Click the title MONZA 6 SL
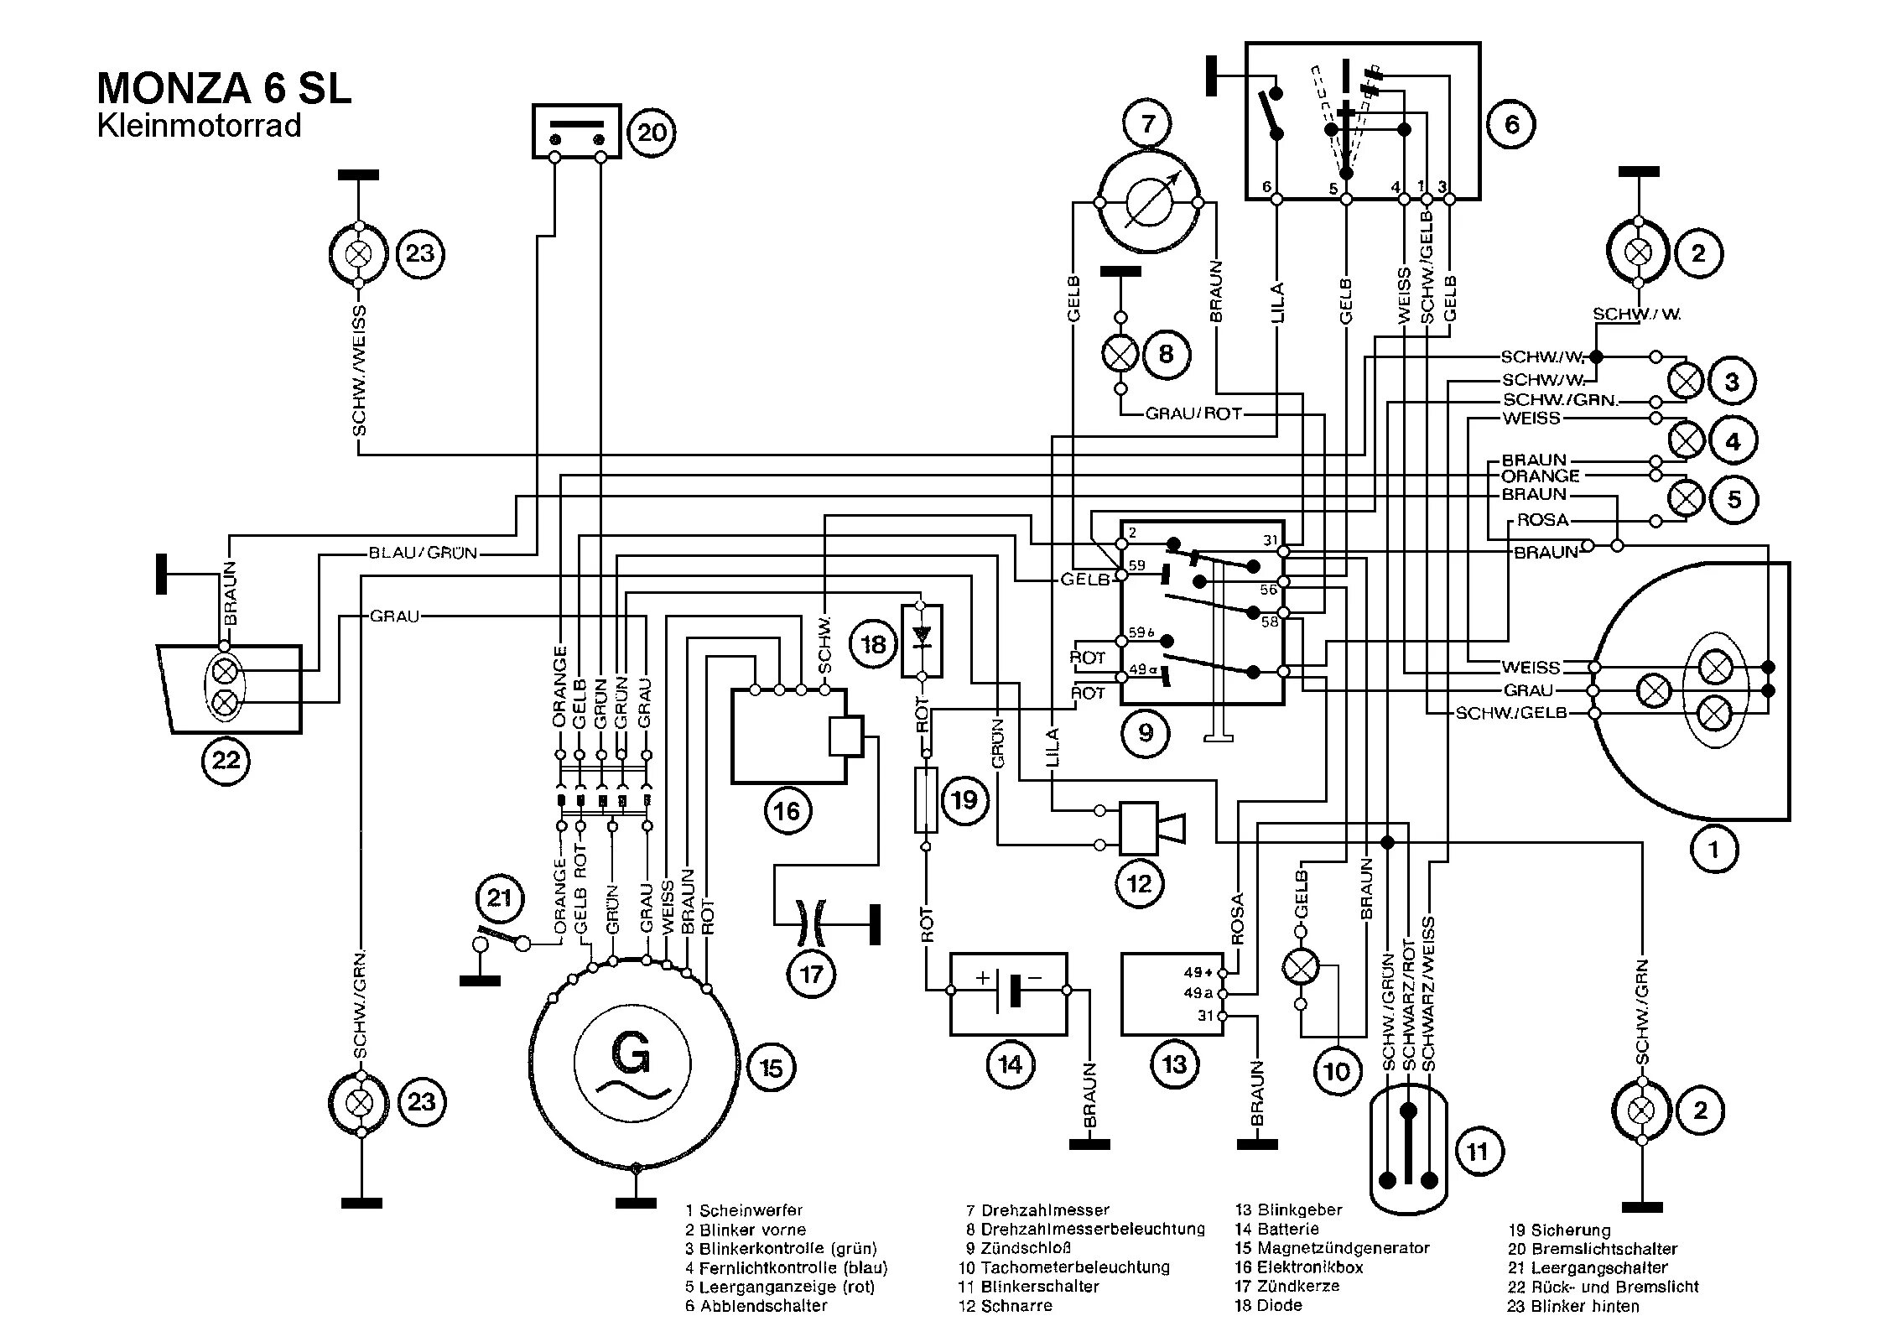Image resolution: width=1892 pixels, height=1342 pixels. point(224,89)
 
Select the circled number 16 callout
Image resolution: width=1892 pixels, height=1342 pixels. point(787,810)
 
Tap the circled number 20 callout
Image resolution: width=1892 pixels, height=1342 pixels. point(652,133)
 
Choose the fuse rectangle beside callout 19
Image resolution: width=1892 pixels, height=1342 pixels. point(926,799)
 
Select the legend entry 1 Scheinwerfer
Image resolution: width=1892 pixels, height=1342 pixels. point(744,1210)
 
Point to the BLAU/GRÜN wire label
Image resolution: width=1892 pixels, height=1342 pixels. point(423,553)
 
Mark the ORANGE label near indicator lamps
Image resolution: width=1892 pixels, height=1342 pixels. point(1541,476)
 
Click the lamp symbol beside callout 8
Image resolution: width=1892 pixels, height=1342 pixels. point(1120,354)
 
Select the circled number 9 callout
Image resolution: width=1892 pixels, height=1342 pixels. point(1146,733)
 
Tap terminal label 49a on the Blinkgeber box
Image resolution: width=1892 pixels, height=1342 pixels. point(1198,993)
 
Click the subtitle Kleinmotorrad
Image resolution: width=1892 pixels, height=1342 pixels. point(199,126)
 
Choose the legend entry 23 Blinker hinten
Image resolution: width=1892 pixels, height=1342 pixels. point(1573,1306)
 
